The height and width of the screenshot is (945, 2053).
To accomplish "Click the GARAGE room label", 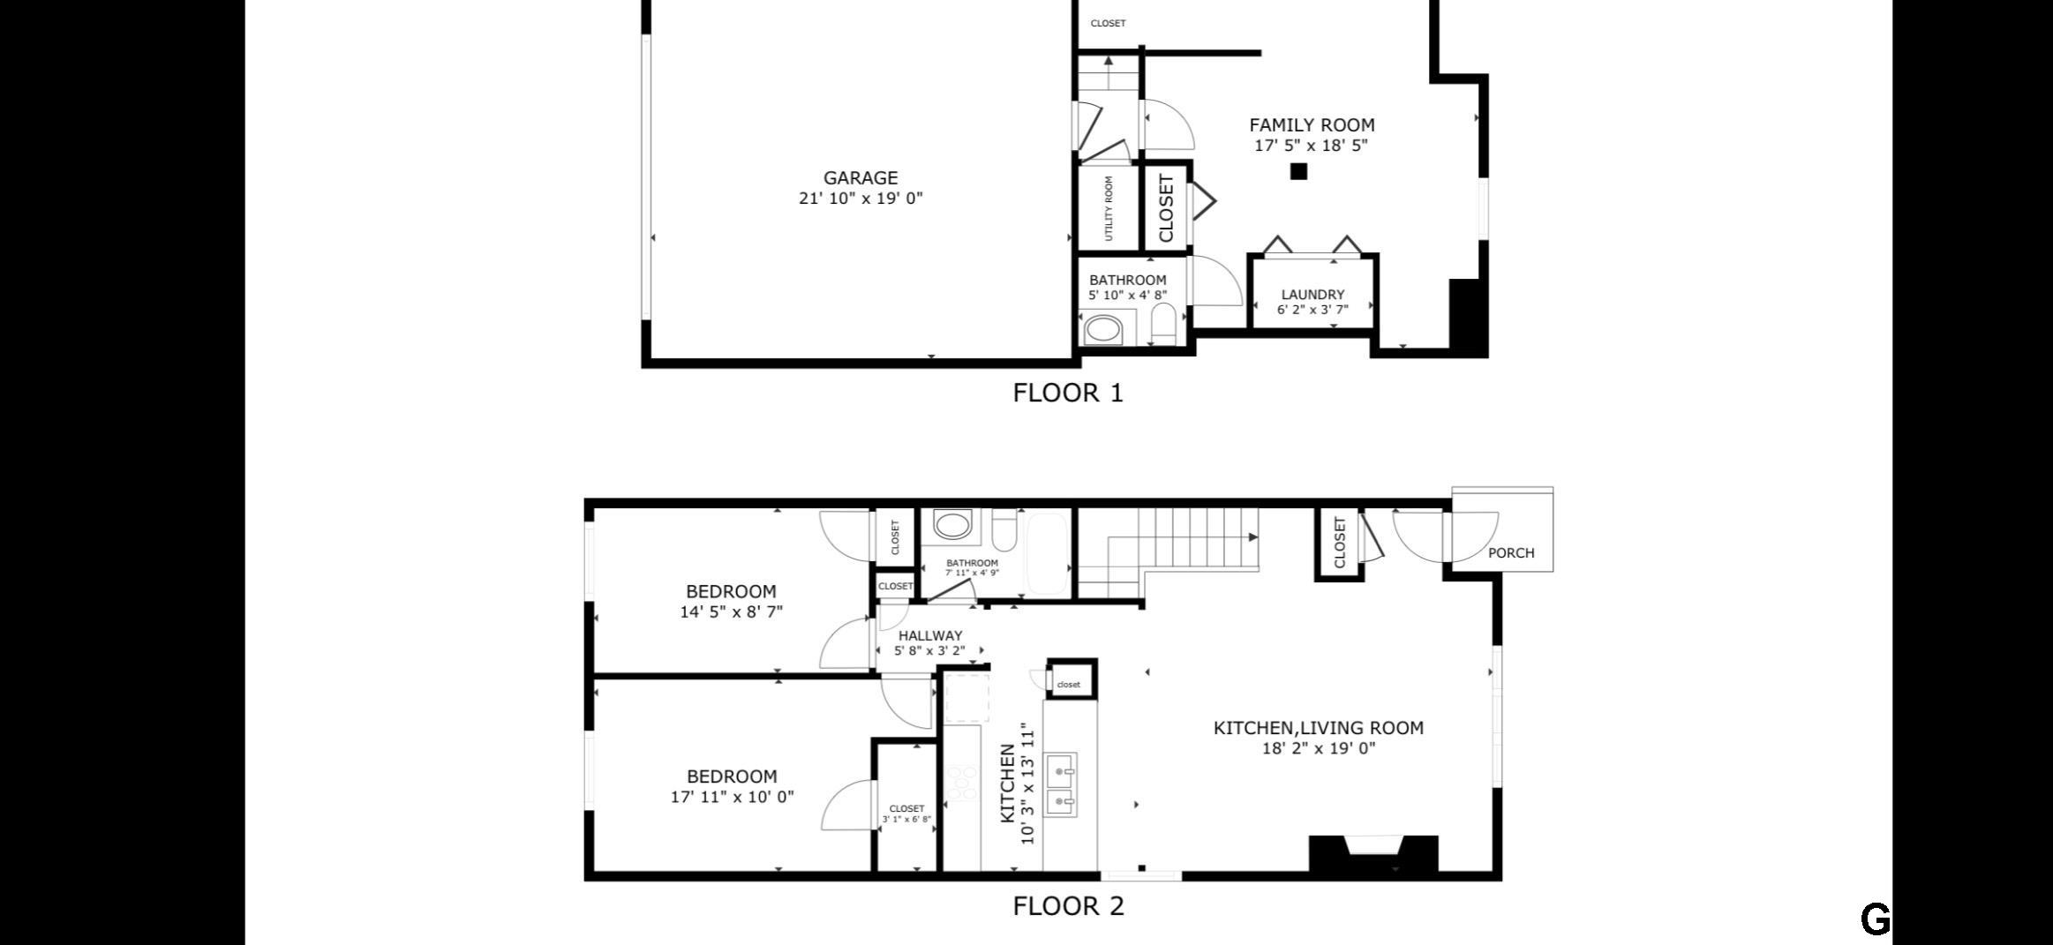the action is point(861,178).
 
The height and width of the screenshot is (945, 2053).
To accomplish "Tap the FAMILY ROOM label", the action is point(1312,125).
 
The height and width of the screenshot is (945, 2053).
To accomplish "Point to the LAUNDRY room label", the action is point(1312,295).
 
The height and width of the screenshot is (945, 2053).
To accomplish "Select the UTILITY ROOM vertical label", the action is point(1109,208).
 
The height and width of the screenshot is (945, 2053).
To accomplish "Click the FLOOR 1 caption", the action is point(1068,393).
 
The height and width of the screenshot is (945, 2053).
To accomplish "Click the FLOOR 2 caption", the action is point(1068,906).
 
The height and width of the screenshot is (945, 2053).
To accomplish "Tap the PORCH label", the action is point(1511,553).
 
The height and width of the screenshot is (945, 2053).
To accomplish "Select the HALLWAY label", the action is point(930,635).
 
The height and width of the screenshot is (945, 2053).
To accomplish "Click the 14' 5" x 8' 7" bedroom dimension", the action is point(732,611).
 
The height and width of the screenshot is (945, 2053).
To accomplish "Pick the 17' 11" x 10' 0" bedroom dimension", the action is point(732,797).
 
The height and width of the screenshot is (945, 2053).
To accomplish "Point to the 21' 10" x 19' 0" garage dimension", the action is point(861,199).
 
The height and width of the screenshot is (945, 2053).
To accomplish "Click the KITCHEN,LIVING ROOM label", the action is point(1319,728).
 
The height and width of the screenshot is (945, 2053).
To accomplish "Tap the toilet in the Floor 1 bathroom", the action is point(1163,325).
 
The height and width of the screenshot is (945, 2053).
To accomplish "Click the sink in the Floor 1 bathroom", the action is point(1102,330).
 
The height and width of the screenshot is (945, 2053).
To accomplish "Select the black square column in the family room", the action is point(1298,172).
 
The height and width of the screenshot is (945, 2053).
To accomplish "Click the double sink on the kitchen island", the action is point(1060,784).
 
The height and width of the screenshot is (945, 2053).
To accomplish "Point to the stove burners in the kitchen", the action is point(962,782).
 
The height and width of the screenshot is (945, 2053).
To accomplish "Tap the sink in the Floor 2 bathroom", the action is point(952,527).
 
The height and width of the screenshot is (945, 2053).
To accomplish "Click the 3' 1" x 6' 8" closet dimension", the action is point(906,820).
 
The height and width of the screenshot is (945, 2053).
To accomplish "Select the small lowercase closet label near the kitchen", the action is point(1069,685).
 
